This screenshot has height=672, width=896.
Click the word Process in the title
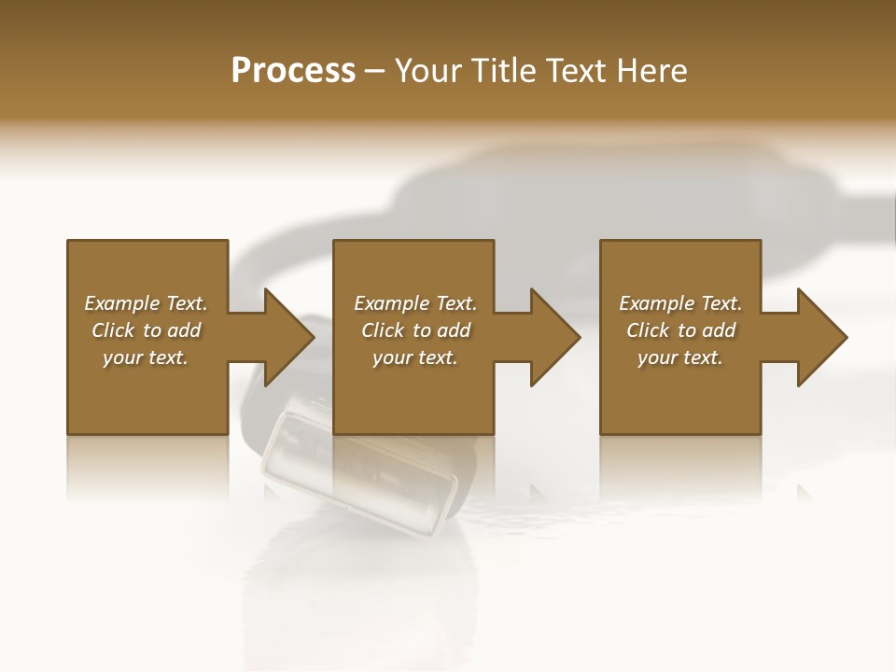(293, 71)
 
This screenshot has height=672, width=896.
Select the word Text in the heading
(576, 71)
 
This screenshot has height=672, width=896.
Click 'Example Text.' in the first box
(146, 303)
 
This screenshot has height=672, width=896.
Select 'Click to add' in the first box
(146, 330)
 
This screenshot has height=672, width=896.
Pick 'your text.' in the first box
(146, 357)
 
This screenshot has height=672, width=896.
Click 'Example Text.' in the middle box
(415, 303)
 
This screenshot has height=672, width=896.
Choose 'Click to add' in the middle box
(415, 330)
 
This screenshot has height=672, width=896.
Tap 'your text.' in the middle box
(415, 357)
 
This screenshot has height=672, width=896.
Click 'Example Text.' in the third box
(680, 303)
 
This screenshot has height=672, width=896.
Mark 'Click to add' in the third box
(680, 330)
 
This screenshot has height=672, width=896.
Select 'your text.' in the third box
(680, 357)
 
